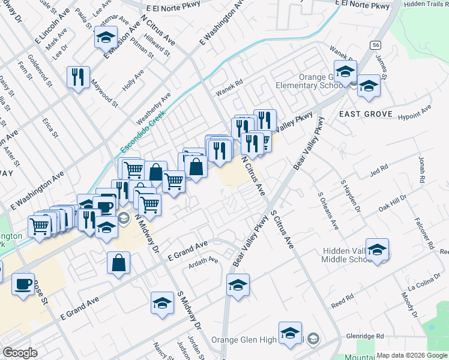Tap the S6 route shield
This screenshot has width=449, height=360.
click(x=376, y=45)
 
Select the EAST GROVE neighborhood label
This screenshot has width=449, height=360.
click(x=366, y=114)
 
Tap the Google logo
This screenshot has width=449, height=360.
click(x=20, y=353)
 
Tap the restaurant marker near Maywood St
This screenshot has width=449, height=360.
click(x=79, y=77)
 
